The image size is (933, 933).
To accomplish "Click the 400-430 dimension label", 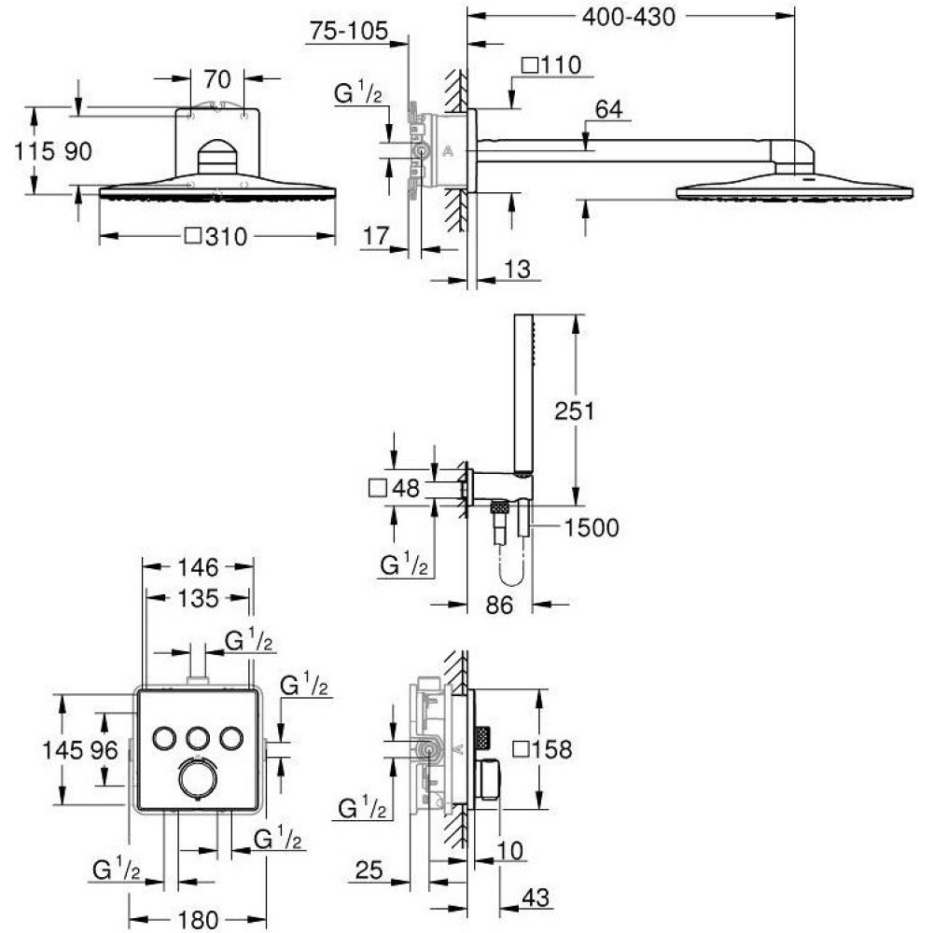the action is (x=628, y=17).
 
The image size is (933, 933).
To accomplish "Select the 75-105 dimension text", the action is (x=349, y=31).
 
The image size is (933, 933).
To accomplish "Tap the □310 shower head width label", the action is (x=216, y=237).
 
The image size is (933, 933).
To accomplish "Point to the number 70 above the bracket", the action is (x=216, y=79).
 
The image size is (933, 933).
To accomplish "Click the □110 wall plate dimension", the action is (x=551, y=65).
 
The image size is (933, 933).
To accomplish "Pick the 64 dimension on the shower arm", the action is (x=608, y=109).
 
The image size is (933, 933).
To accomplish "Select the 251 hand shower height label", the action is (x=574, y=411).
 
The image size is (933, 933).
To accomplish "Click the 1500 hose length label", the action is (x=591, y=528).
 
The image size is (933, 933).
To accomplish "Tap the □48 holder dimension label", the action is (x=395, y=489).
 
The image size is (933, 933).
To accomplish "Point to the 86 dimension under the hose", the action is (x=498, y=606).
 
